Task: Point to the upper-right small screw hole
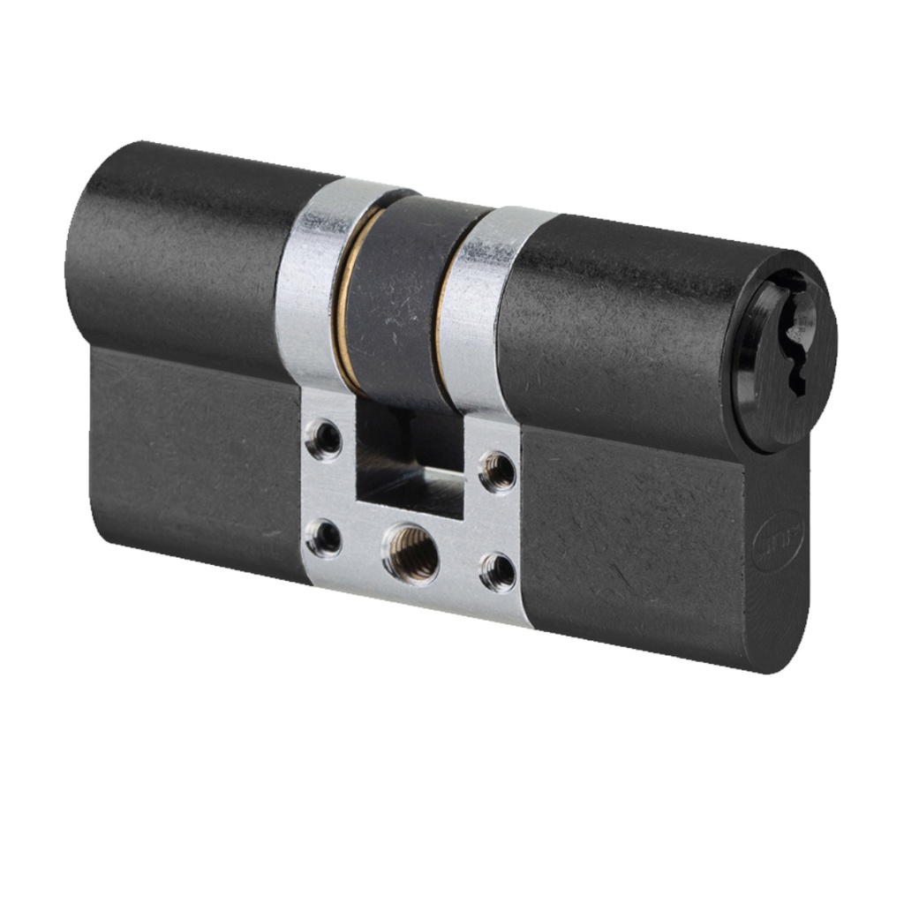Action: coord(497,471)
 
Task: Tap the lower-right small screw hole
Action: coord(498,571)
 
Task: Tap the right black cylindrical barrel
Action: coord(618,327)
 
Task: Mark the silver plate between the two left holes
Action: coord(325,487)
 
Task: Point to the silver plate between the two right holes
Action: coord(498,521)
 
